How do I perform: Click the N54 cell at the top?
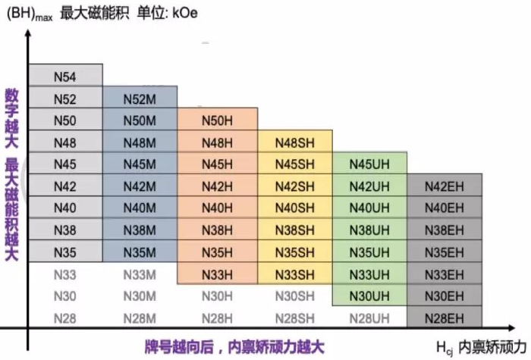65,75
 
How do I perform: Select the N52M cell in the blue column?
140,97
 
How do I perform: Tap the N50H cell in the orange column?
218,119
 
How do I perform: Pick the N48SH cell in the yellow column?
295,142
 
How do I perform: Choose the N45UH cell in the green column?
370,164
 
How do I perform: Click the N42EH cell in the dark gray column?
445,186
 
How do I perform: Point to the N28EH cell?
445,318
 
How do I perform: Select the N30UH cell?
370,296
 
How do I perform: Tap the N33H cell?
218,274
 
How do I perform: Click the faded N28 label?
65,318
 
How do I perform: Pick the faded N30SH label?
295,296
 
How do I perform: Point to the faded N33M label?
140,274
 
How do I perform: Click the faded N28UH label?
369,318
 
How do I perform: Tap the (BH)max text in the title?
30,14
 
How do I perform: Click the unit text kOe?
185,13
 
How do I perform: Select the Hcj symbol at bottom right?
445,348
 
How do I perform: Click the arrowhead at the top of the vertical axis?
28,33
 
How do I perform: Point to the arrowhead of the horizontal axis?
512,327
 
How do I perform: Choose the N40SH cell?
295,208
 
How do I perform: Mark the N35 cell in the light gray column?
65,252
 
